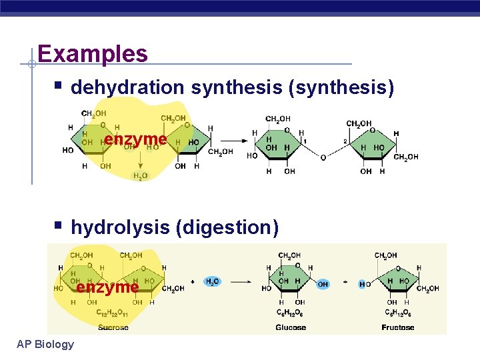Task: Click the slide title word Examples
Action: [93, 53]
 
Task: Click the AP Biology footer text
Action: [46, 343]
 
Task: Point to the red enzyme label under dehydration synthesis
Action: [135, 139]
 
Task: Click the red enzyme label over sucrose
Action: [107, 287]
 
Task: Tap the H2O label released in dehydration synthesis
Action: [141, 176]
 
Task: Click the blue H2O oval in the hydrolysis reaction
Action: [213, 281]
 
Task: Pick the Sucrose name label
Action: [113, 327]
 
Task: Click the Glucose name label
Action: [291, 327]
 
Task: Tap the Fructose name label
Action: [397, 327]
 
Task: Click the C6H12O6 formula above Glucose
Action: [290, 313]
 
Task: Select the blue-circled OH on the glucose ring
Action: [323, 284]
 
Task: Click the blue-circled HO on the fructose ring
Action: [365, 284]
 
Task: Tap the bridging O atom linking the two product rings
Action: [323, 157]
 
